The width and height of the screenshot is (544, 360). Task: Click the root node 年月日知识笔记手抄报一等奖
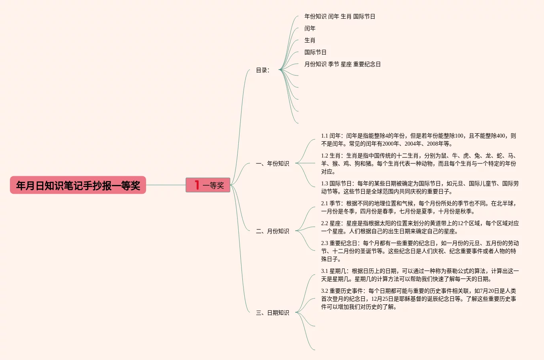78,185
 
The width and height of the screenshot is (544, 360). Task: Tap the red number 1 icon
197,185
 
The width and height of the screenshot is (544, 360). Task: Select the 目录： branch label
263,70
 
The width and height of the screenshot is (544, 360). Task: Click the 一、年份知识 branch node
273,163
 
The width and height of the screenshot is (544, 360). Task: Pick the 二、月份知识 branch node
273,231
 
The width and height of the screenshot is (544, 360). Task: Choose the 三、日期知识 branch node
273,313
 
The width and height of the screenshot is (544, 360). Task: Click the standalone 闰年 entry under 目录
310,28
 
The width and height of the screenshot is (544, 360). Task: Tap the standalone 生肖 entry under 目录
310,40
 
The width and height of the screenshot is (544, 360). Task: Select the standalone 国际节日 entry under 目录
316,52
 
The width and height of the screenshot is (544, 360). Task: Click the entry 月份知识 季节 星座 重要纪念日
343,64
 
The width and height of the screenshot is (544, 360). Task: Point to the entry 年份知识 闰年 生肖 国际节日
340,16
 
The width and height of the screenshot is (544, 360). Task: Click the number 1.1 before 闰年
325,136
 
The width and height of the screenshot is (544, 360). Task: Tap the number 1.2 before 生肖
325,156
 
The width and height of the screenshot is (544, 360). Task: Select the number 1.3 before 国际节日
325,183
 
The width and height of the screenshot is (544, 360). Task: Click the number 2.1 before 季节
325,203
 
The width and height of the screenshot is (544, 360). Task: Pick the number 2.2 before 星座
325,223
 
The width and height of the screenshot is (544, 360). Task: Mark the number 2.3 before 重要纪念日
325,243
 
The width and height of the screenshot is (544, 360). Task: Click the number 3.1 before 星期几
325,271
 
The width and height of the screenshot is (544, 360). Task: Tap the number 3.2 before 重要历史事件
325,291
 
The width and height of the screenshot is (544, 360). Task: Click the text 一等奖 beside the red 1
213,185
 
